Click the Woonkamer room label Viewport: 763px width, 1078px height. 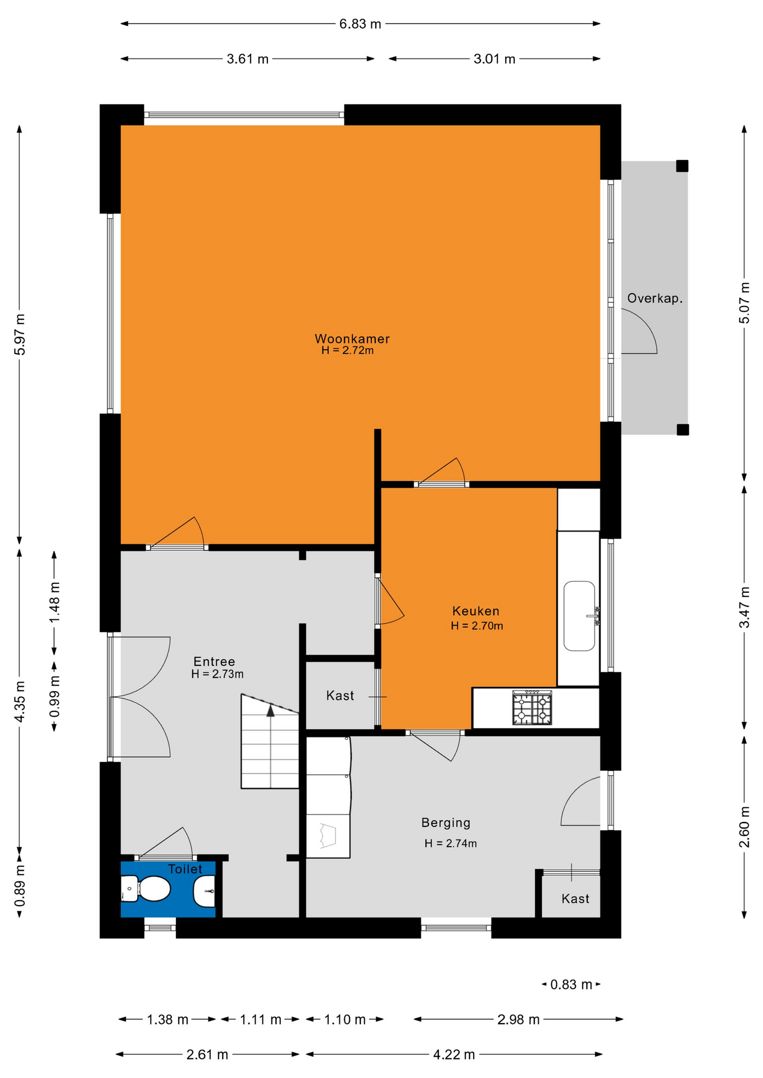coord(352,339)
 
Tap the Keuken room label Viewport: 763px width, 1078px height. coord(476,611)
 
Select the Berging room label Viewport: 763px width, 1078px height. coord(446,823)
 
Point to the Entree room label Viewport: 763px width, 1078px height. coord(214,661)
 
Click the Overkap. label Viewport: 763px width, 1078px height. coord(655,299)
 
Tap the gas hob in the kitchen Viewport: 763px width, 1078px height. coord(532,707)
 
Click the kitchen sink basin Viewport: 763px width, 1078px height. coord(579,616)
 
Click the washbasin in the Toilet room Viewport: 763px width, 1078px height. coord(204,891)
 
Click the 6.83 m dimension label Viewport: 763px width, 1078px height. coord(360,24)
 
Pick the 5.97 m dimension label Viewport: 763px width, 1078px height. coord(20,334)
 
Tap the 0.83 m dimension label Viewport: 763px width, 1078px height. coord(571,984)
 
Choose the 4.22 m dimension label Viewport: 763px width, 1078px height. coord(454,1054)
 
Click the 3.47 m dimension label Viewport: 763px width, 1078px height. coord(744,607)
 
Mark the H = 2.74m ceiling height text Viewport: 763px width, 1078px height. coord(451,843)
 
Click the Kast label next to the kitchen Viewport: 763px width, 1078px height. coord(340,696)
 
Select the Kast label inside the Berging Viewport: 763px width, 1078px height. coord(575,899)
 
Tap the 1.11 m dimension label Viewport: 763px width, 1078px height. coord(261,1019)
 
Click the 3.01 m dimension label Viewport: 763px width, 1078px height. coord(494,59)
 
